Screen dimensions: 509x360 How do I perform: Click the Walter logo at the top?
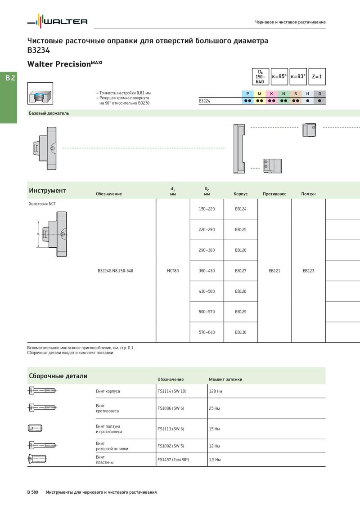(57, 21)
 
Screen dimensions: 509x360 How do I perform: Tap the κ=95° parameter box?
(279, 76)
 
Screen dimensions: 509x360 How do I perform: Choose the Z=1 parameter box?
(317, 76)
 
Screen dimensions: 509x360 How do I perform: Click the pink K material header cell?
(271, 94)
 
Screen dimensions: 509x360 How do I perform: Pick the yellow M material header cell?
(259, 94)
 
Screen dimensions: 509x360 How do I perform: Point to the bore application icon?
(40, 94)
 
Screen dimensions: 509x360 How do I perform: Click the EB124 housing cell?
(241, 209)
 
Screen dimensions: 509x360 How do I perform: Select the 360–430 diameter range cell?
(207, 271)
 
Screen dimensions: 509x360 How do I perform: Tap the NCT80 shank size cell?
(173, 271)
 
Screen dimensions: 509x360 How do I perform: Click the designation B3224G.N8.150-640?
(115, 271)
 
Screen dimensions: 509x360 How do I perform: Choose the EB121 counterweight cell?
(274, 271)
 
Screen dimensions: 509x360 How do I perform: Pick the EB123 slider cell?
(308, 271)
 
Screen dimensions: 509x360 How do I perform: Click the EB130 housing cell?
(241, 332)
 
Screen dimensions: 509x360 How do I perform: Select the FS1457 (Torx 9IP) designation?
(173, 460)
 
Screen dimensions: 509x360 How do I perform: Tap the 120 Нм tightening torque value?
(216, 391)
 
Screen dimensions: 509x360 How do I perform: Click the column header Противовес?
(274, 194)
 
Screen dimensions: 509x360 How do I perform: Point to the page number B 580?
(32, 492)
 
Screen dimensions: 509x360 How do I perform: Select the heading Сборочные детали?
(58, 376)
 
